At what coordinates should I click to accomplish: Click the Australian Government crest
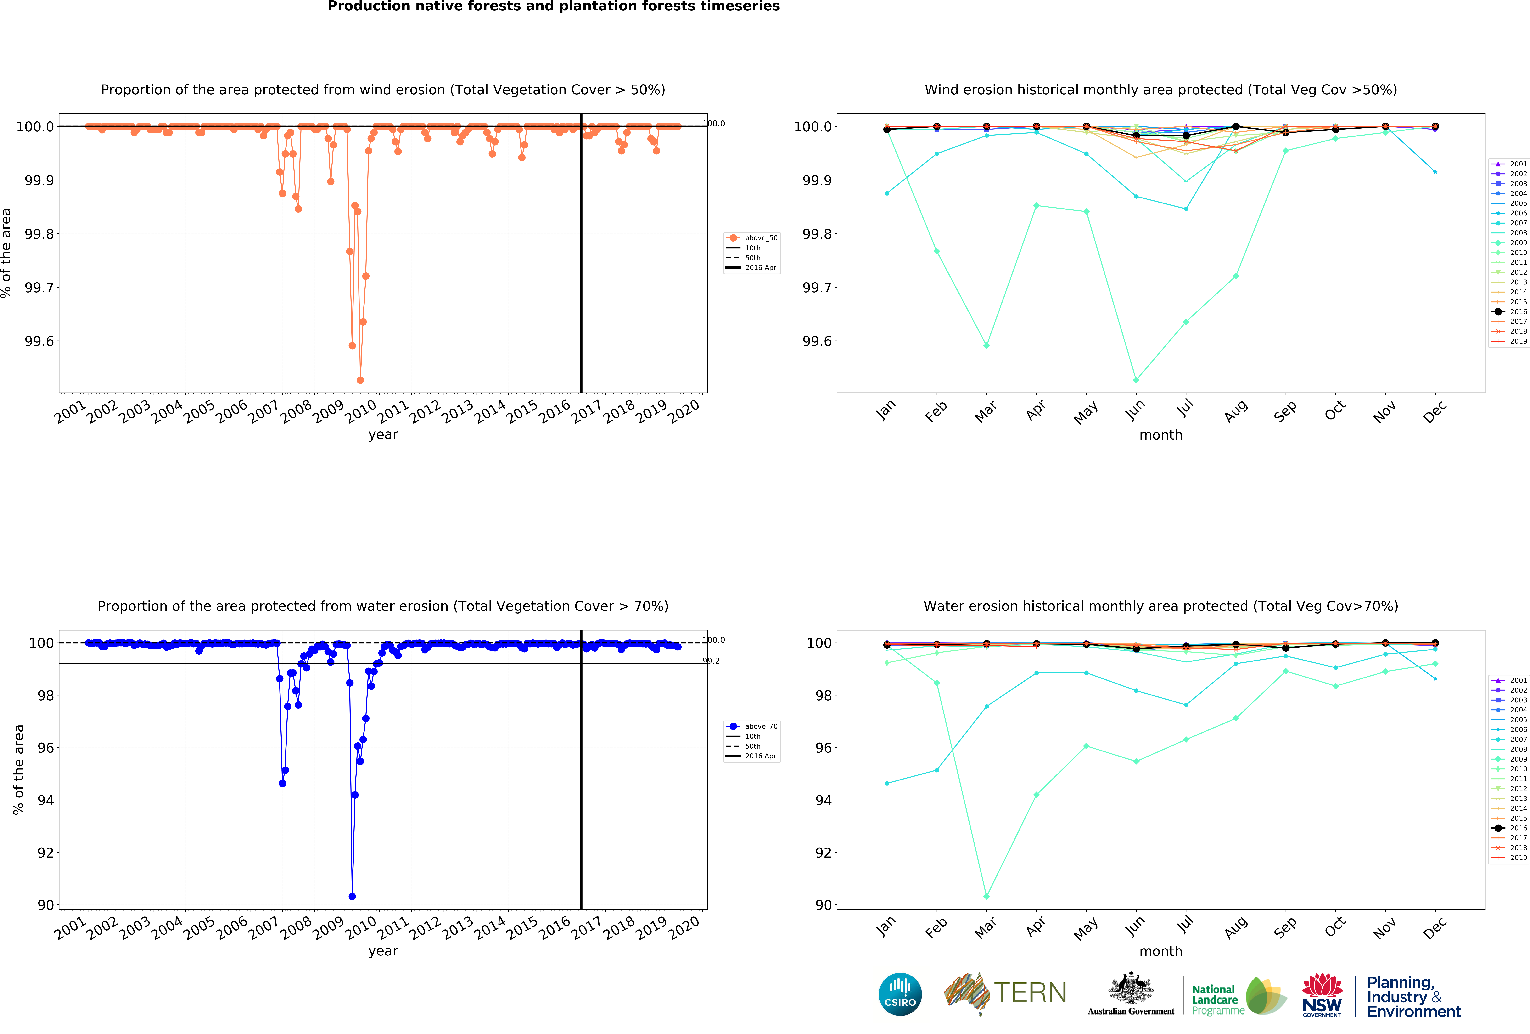[x=1130, y=988]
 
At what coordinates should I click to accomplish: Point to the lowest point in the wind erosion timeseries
[x=360, y=380]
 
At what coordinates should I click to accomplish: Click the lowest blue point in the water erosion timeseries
[x=352, y=896]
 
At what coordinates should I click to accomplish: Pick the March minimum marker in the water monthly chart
[x=986, y=896]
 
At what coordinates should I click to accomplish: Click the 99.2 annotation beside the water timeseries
[x=711, y=661]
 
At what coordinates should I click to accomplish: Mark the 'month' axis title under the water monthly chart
[x=1161, y=951]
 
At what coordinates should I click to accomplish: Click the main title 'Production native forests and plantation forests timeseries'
[x=554, y=7]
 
